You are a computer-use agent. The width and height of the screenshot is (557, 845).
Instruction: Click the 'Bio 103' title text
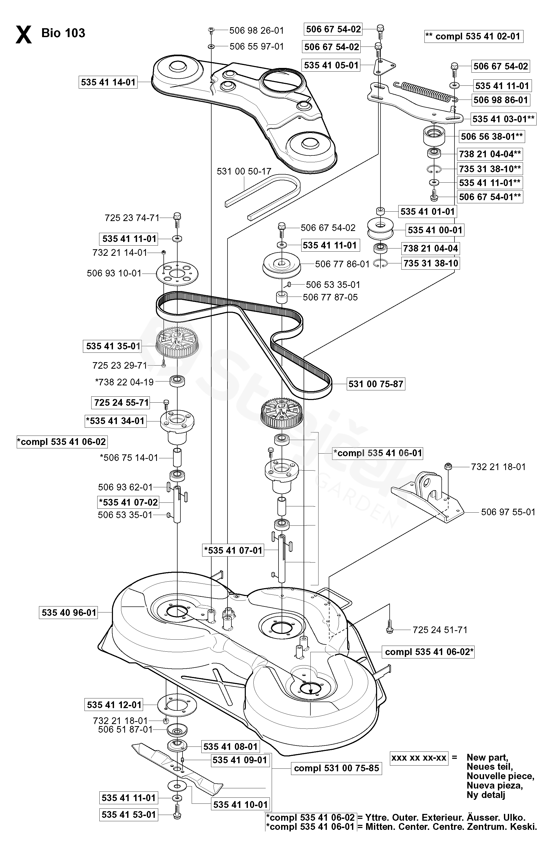[63, 33]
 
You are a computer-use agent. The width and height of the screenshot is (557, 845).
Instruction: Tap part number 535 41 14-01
[108, 82]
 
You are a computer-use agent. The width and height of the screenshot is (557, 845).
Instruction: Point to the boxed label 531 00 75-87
[376, 384]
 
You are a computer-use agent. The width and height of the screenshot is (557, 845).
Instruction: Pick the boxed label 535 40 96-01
[69, 612]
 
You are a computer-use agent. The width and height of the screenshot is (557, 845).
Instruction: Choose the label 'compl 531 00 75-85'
[336, 768]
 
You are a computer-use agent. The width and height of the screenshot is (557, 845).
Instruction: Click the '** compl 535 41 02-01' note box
[474, 36]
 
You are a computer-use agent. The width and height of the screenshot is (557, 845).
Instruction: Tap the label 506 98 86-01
[501, 100]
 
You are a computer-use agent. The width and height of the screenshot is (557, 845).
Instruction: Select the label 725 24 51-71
[440, 630]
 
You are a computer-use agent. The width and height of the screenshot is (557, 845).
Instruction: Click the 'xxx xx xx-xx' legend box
[419, 758]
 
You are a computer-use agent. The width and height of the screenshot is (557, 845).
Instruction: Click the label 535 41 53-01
[129, 814]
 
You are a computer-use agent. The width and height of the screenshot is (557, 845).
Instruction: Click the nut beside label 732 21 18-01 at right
[448, 466]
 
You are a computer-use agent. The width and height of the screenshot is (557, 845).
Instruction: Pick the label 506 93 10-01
[114, 273]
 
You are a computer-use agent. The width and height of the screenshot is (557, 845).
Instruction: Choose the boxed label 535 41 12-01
[114, 705]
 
